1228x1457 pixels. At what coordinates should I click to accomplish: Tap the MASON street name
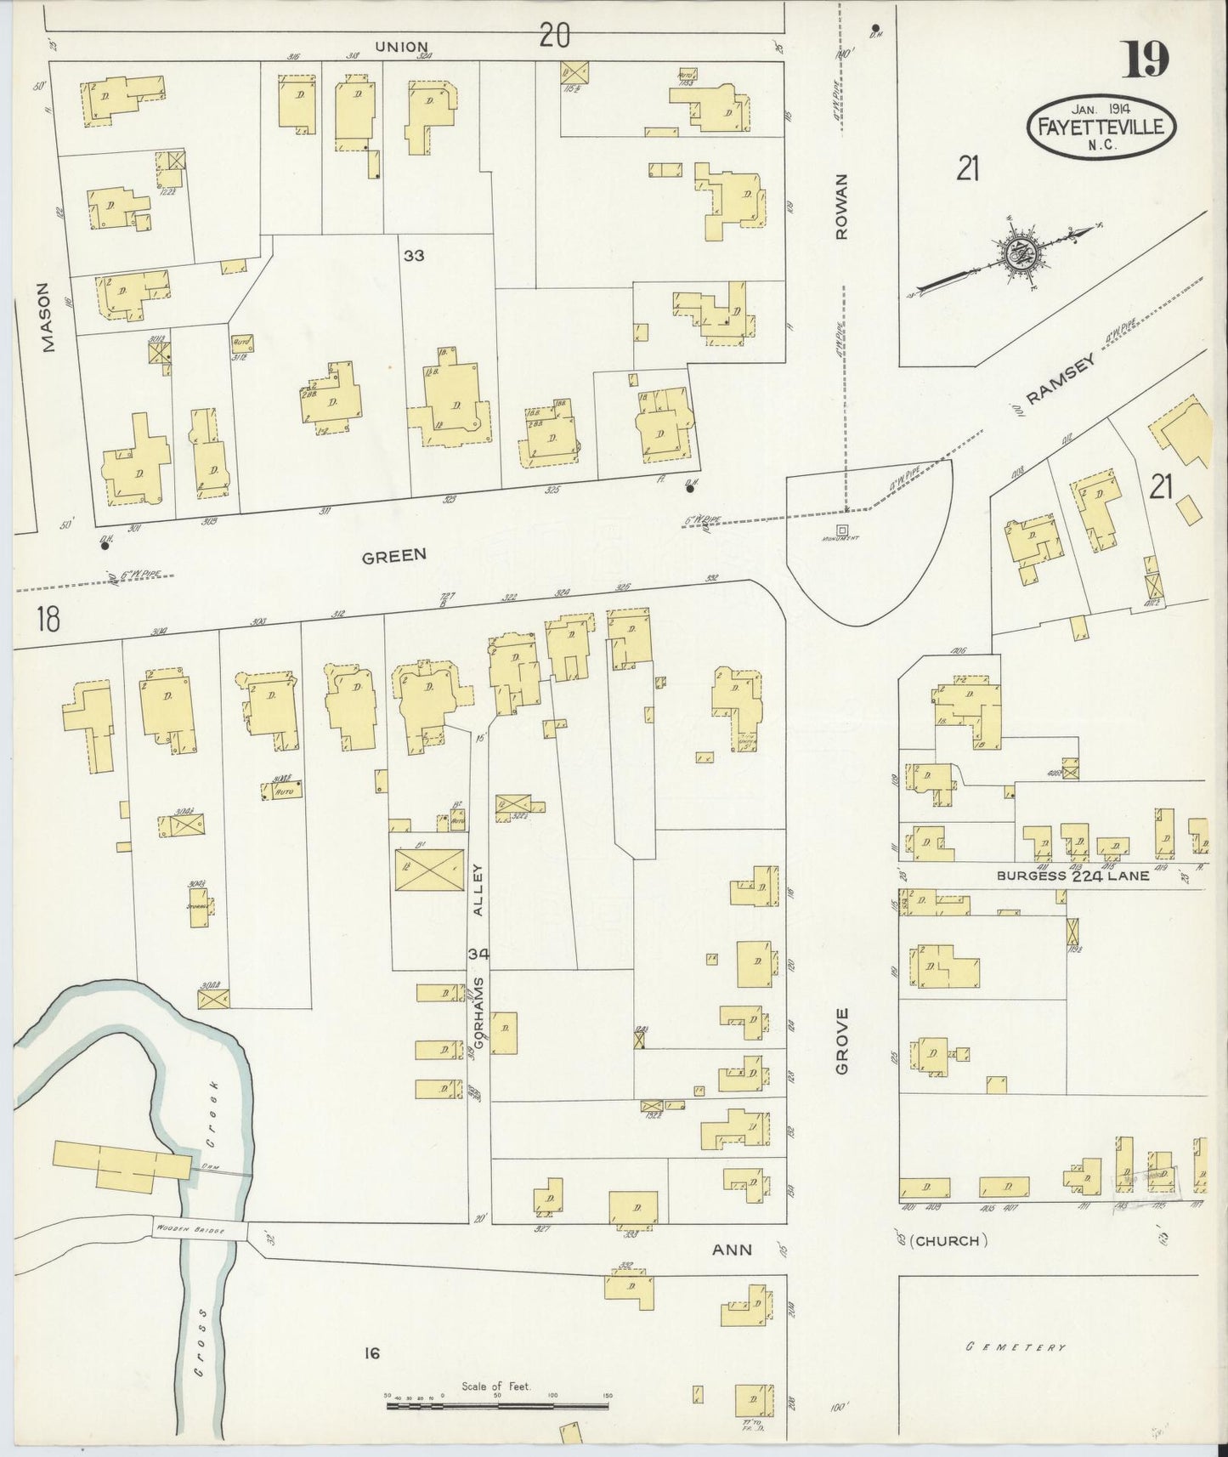(47, 329)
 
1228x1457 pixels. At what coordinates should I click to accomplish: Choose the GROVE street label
(842, 1041)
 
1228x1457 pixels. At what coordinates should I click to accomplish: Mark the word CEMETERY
(1015, 1347)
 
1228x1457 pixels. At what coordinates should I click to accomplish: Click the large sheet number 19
(1147, 60)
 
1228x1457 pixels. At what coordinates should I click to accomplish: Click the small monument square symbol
(841, 530)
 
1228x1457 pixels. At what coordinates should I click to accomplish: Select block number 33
(414, 255)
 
